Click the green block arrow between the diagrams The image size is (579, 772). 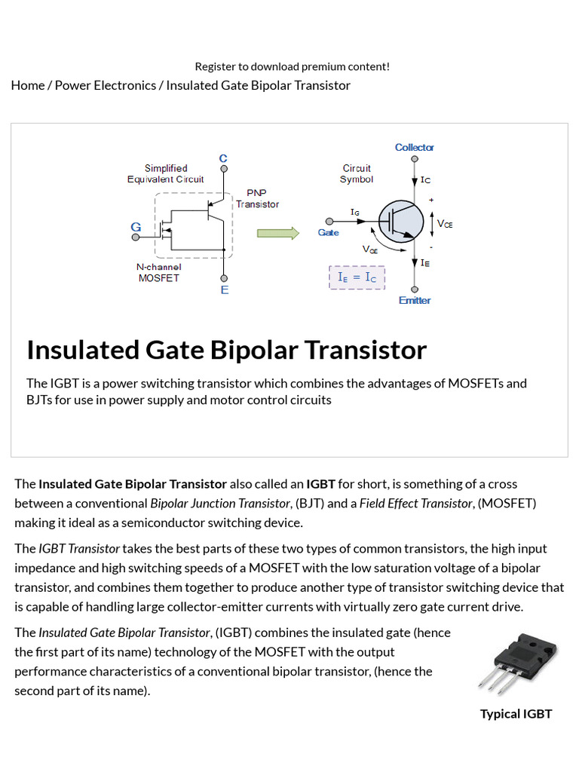point(278,232)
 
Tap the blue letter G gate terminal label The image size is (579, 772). point(136,226)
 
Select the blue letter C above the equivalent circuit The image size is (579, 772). point(223,158)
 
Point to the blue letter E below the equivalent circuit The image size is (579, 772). point(224,290)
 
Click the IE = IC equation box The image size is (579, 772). point(357,277)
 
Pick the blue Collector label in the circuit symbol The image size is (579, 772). point(414,147)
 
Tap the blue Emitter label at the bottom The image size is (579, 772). point(414,300)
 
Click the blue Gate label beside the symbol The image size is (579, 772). point(328,233)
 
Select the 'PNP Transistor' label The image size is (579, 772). point(257,198)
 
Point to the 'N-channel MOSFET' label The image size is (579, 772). point(158,272)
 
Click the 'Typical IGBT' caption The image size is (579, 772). point(516,714)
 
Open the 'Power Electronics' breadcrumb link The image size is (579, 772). point(106,85)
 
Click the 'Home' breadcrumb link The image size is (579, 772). point(28,85)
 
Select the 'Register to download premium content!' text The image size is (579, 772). point(293,66)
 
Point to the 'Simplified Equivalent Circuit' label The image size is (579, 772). point(166,173)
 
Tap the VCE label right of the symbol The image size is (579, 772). point(445,224)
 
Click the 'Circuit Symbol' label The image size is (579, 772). point(357,173)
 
